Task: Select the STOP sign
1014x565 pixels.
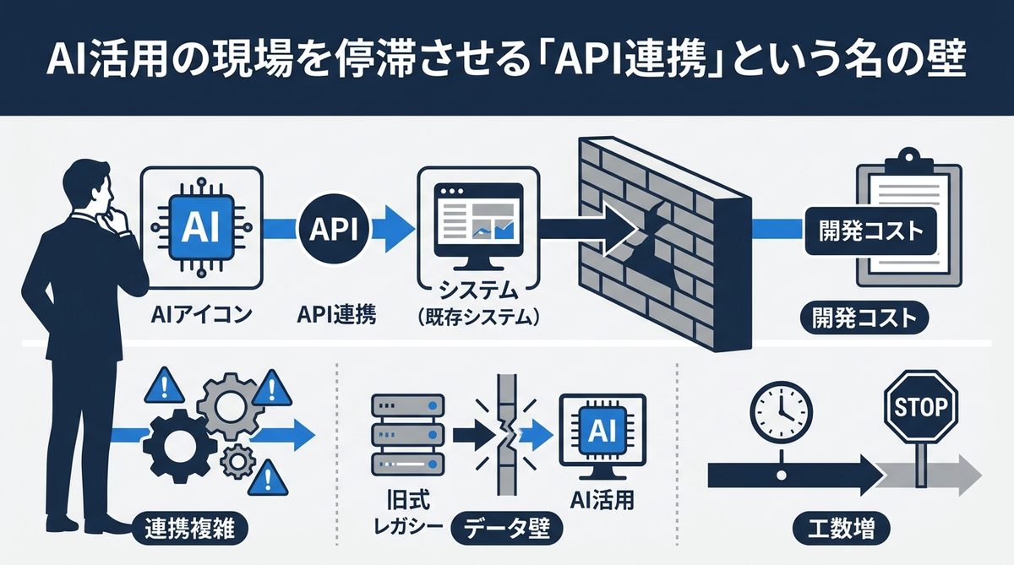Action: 919,409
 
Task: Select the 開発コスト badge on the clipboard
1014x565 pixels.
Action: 870,230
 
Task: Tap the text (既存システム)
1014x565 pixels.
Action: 478,319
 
